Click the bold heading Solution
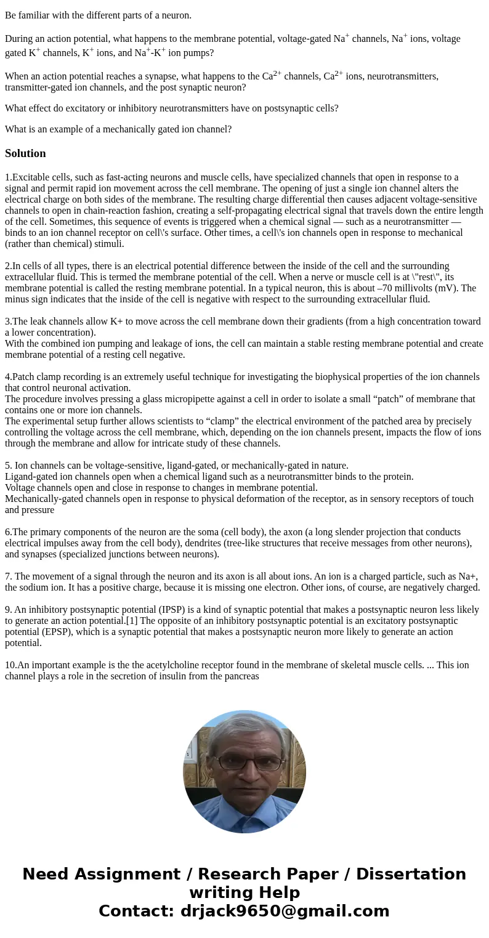point(25,153)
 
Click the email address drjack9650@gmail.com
point(285,911)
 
